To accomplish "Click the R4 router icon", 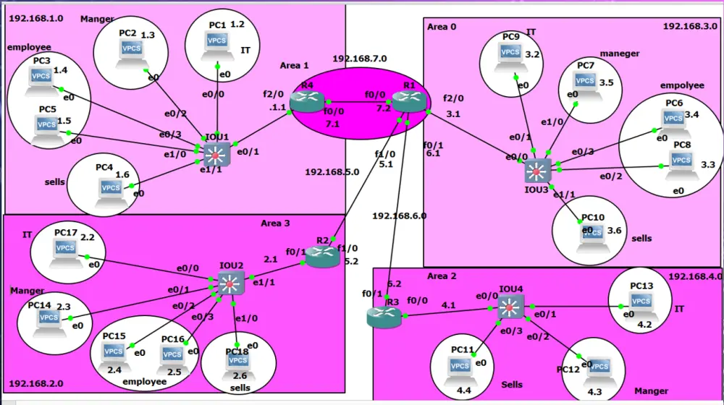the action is point(307,101).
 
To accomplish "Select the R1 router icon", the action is point(409,101).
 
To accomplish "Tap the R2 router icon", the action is point(323,257).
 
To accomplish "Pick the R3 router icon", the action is point(384,317).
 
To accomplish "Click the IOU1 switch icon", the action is point(216,155).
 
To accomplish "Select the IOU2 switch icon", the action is point(231,283).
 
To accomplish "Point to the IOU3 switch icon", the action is point(537,171).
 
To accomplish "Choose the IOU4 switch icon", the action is point(510,307).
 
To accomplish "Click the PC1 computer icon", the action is point(216,46).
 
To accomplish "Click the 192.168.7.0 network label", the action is point(360,59).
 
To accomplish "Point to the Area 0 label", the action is point(442,27).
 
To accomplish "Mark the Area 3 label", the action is point(275,223).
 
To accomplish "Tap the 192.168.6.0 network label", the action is point(400,216).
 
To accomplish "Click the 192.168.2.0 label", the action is point(36,383).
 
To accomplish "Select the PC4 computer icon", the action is point(111,194).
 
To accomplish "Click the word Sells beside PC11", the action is point(512,384).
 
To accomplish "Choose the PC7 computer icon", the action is point(585,87).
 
